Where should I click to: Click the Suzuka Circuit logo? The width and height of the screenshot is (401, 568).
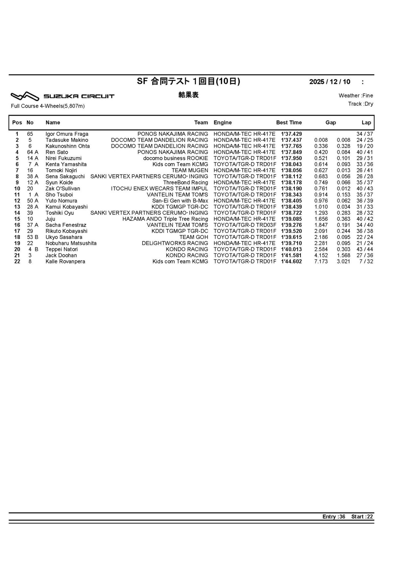tap(63, 96)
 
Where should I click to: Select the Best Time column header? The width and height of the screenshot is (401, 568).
tap(289, 122)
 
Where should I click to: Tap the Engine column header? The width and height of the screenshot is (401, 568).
tap(223, 122)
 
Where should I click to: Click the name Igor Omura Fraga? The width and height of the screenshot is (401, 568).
tap(67, 134)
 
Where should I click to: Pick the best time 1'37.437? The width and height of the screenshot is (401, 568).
tap(291, 140)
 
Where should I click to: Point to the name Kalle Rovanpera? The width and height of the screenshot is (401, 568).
tap(65, 262)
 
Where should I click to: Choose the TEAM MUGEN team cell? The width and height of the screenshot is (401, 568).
tap(190, 170)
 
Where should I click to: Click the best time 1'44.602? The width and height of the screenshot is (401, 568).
tap(291, 262)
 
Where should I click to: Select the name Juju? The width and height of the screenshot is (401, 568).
tap(50, 219)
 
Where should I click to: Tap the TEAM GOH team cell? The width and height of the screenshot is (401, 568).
tap(193, 237)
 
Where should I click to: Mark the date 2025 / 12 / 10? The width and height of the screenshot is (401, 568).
tap(330, 82)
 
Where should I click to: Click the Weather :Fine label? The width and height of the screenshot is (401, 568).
tap(356, 95)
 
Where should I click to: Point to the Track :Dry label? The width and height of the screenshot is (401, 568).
tap(361, 104)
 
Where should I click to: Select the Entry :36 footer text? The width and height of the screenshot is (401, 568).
tap(334, 517)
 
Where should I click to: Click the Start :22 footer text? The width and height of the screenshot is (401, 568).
tap(362, 517)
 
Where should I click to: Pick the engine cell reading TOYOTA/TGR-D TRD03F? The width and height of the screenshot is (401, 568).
tap(245, 225)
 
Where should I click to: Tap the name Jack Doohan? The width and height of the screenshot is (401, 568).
tap(61, 255)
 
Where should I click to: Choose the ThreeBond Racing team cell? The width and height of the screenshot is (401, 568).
tap(185, 182)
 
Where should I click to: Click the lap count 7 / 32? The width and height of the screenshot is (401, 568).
tap(366, 262)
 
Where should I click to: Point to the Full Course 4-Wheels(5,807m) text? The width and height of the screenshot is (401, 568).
tap(48, 106)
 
